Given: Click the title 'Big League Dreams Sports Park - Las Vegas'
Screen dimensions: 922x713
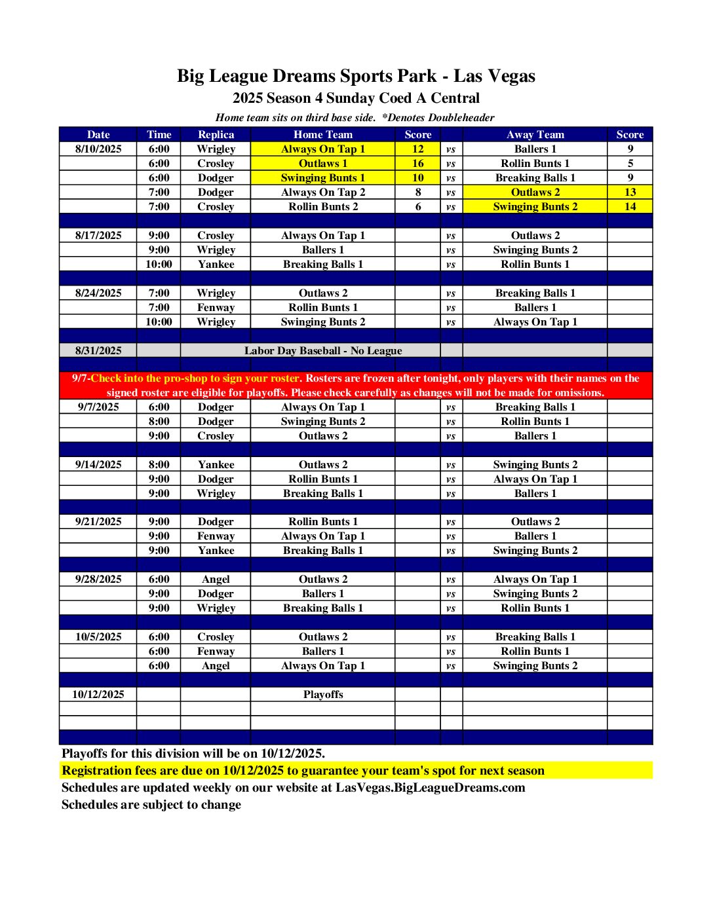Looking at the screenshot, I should coord(356,76).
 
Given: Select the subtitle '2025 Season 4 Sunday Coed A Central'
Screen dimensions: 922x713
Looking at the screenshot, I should coord(356,98).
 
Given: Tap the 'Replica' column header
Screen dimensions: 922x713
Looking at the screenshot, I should coord(216,134).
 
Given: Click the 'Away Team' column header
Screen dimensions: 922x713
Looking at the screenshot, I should coord(535,134).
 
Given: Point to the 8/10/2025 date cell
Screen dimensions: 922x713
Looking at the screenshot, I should coord(98,149).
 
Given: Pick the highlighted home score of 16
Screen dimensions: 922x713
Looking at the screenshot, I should coord(417,163).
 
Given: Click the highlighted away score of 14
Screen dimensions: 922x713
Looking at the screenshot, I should coord(630,206).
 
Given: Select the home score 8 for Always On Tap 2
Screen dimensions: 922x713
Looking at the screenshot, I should coord(417,192).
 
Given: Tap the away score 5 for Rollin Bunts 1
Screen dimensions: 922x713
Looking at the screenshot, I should coord(630,163).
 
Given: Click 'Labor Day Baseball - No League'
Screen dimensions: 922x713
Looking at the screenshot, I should coord(323,350).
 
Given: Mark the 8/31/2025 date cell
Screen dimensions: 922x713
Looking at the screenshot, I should coord(98,350).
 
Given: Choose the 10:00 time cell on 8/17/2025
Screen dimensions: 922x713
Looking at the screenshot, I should coord(159,264).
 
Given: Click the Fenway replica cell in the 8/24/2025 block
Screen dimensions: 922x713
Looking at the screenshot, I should coord(216,307).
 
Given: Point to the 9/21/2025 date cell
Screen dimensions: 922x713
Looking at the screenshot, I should coord(98,521).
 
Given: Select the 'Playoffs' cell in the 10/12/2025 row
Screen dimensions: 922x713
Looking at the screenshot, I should coord(323,694).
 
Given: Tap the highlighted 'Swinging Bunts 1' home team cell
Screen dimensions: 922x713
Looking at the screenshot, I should coord(323,177).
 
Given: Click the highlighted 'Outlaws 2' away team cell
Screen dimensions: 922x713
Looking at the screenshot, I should coord(535,192).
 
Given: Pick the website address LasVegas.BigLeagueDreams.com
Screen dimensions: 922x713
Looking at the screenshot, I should coord(431,787).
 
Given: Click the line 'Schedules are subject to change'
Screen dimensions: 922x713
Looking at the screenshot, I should coord(151,804).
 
